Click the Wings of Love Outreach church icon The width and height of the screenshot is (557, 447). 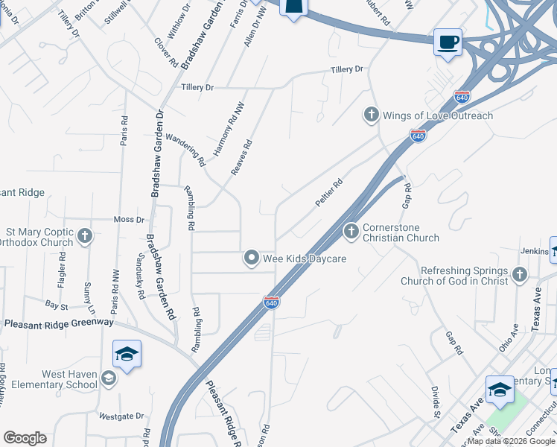pos(371,115)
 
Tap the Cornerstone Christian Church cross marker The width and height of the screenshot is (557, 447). pos(351,232)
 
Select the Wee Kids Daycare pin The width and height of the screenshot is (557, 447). pos(252,259)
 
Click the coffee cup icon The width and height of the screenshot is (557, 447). pos(448,42)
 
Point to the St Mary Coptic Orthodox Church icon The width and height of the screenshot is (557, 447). pos(85,237)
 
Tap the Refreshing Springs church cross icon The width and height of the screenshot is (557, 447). pos(519,275)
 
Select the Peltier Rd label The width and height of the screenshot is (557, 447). pos(328,193)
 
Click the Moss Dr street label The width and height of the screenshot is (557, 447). pos(129,220)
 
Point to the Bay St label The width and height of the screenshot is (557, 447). pos(57,305)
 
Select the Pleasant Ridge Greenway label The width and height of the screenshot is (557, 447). pos(59,323)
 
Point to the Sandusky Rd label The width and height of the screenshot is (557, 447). pos(139,274)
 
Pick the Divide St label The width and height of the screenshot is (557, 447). pos(434,402)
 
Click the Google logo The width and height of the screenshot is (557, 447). pos(25,438)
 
